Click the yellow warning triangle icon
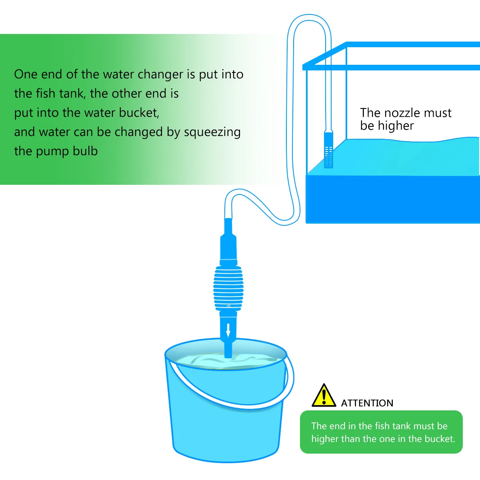[324, 396]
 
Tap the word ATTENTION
[367, 403]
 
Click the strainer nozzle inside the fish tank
[328, 150]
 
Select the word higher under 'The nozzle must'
[396, 126]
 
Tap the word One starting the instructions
[26, 74]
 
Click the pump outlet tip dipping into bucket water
[228, 352]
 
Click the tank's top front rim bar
[392, 67]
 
